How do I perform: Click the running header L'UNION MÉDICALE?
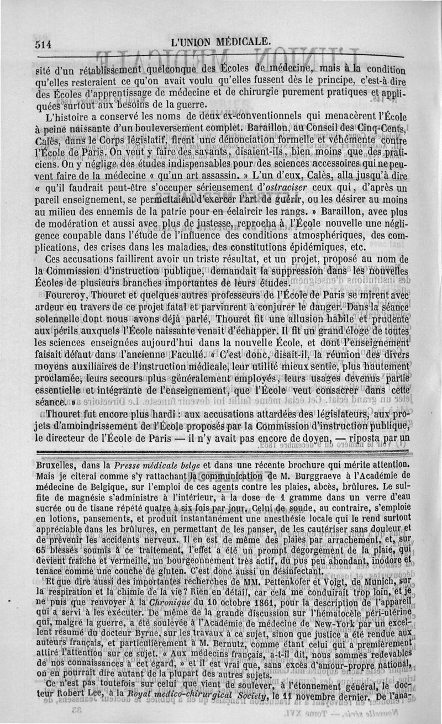pos(221,42)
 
